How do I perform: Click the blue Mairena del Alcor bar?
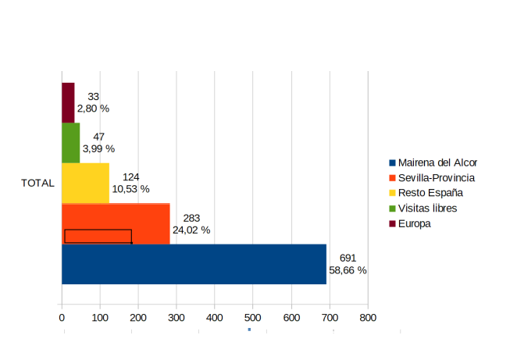coord(194,264)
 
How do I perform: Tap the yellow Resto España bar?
coord(85,183)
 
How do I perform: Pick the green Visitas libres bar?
coord(70,142)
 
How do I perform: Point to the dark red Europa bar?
coord(68,102)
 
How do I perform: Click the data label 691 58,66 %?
coord(348,264)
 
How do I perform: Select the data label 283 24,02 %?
coord(191,223)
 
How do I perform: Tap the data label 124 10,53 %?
coord(130,183)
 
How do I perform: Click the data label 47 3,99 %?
coord(98,142)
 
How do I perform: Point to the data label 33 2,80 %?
coord(93,102)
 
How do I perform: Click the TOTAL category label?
coord(37,184)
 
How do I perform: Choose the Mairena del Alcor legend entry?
coord(437,163)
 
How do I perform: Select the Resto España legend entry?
coord(430,193)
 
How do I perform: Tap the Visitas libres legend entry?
coord(427,209)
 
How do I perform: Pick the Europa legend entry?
coord(414,223)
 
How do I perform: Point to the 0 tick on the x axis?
coord(62,318)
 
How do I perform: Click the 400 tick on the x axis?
coord(215,318)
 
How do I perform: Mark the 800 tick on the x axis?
coord(368,318)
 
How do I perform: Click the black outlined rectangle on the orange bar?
coord(98,236)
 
